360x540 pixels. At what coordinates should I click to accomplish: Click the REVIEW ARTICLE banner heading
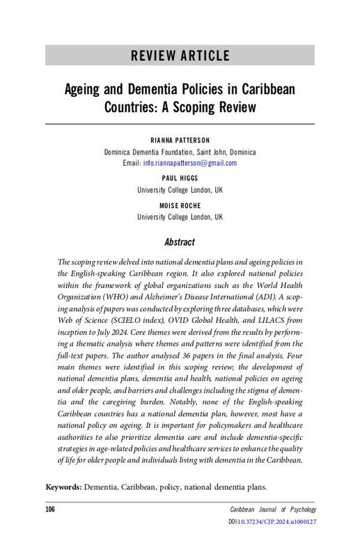180,55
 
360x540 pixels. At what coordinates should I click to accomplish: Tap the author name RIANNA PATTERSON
180,140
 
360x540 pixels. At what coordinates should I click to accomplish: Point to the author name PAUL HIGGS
180,178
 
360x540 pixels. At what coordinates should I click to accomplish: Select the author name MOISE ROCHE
180,205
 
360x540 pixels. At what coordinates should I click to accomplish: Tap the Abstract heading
180,242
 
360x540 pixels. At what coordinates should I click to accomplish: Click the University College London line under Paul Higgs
180,190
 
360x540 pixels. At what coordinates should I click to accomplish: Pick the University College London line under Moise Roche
180,217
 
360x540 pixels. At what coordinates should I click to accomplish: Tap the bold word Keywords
63,486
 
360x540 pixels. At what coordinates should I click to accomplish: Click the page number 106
50,511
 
